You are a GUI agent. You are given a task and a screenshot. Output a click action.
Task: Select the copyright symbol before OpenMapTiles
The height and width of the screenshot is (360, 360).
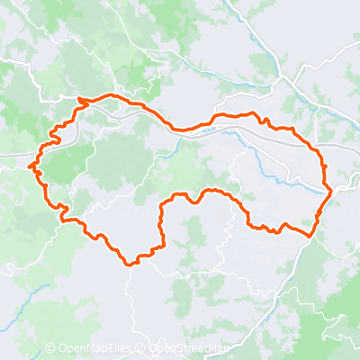(50, 348)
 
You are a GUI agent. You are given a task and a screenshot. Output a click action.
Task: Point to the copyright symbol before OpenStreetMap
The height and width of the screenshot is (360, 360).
(142, 348)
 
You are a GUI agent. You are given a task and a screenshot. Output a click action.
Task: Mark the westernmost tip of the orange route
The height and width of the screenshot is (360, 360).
(31, 166)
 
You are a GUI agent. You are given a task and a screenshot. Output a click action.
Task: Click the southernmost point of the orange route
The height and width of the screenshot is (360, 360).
(130, 265)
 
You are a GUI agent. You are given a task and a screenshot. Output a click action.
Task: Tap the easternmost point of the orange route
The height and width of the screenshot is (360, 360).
(332, 191)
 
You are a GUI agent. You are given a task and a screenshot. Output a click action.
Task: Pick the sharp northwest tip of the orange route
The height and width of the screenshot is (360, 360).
(79, 98)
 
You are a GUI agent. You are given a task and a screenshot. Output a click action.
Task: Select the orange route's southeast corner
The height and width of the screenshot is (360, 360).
(312, 235)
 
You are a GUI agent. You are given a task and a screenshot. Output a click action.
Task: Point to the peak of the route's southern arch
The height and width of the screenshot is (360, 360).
(209, 191)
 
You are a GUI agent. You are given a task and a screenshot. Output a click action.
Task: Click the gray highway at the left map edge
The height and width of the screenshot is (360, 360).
(7, 156)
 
